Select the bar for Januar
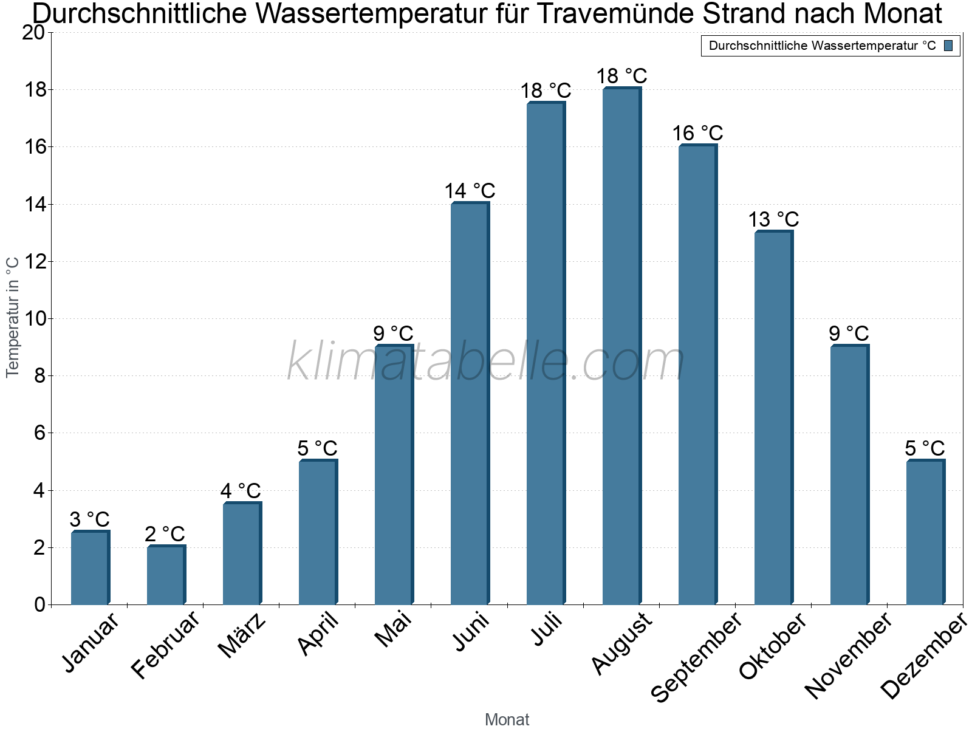coord(90,568)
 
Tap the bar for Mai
coord(394,475)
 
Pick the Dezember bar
coord(925,533)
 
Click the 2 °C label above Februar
coord(165,534)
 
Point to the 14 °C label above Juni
coord(470,191)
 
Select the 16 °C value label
coord(697,133)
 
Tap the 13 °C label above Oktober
coord(773,219)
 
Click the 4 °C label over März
coord(241,491)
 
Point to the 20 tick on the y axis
coord(33,33)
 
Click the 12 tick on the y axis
coord(33,262)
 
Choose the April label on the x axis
coord(318,634)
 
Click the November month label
coord(849,656)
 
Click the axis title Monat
coord(507,720)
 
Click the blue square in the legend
coord(949,46)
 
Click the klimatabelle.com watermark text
coord(486,362)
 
